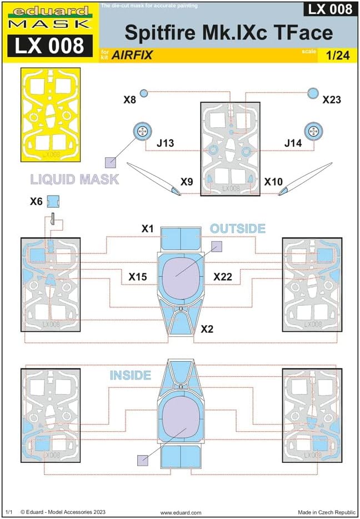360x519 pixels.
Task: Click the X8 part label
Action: [129, 100]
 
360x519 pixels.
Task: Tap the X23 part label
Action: [332, 100]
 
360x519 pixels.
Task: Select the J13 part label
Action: [166, 143]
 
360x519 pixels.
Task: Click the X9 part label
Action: [187, 181]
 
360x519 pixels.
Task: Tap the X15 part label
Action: [138, 276]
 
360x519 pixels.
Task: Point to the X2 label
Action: [207, 329]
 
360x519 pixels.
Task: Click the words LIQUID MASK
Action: [74, 179]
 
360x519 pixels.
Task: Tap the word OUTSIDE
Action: [237, 228]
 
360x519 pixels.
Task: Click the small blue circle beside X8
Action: [144, 93]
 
